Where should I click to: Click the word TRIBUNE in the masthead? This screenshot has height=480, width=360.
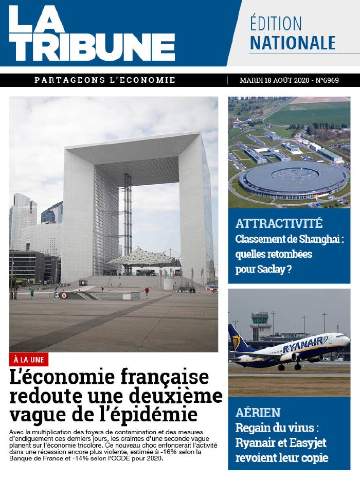click(x=93, y=47)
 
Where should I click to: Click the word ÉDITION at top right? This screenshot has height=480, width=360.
click(x=276, y=23)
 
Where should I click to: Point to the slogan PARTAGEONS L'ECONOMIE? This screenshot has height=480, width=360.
click(x=105, y=80)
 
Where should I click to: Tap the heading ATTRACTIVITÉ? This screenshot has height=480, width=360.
click(x=279, y=224)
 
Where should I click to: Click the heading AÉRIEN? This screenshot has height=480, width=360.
click(x=258, y=412)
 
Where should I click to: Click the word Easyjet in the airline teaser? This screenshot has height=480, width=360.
click(x=308, y=442)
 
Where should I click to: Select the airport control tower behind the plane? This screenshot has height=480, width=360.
click(x=260, y=325)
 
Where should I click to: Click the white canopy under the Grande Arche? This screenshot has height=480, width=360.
click(x=145, y=257)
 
